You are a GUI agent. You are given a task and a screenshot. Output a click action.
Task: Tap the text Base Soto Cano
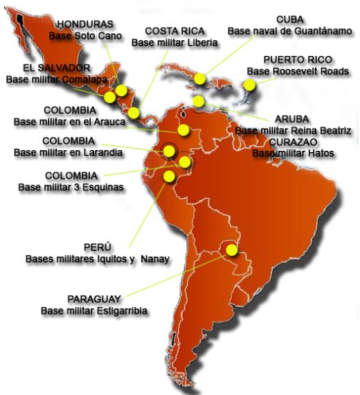85,35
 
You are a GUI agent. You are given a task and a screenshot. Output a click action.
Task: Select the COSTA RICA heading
174,31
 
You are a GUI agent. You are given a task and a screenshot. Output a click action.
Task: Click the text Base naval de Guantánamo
285,31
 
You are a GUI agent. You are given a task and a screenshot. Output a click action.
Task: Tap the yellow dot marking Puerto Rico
249,85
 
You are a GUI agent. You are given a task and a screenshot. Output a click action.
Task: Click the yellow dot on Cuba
200,79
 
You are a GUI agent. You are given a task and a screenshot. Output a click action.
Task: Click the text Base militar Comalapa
53,79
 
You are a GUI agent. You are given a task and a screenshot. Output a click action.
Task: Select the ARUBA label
291,118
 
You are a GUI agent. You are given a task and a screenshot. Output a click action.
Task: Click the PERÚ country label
98,247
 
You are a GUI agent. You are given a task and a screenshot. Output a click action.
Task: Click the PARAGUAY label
94,298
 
